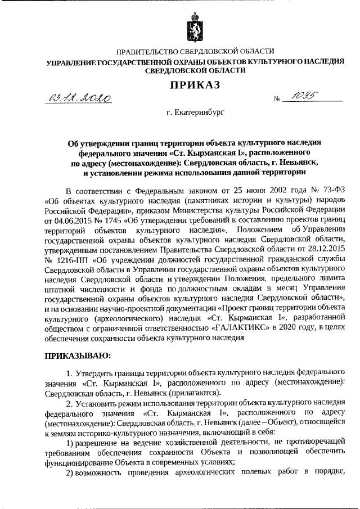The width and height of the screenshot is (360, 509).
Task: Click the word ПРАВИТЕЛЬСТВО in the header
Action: (x=151, y=52)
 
